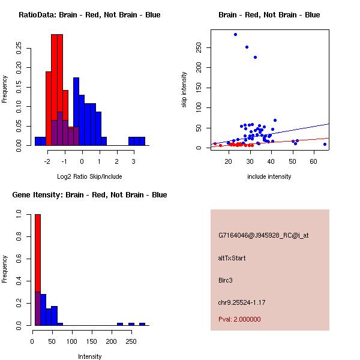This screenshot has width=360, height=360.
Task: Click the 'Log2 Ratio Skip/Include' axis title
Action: [90, 176]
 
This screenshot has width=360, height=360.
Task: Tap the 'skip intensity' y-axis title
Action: [185, 90]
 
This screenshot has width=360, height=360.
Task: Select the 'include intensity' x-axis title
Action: [269, 176]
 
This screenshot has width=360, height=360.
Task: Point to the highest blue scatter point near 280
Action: [235, 34]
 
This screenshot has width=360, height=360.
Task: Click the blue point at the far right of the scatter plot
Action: [325, 144]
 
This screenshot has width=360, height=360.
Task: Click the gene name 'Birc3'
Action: [226, 280]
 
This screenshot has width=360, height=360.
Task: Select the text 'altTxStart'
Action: [232, 258]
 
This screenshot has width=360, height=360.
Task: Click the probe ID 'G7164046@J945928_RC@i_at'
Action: [263, 236]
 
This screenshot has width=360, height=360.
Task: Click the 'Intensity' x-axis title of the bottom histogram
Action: [90, 356]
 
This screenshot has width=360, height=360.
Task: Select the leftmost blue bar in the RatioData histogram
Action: [40, 141]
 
